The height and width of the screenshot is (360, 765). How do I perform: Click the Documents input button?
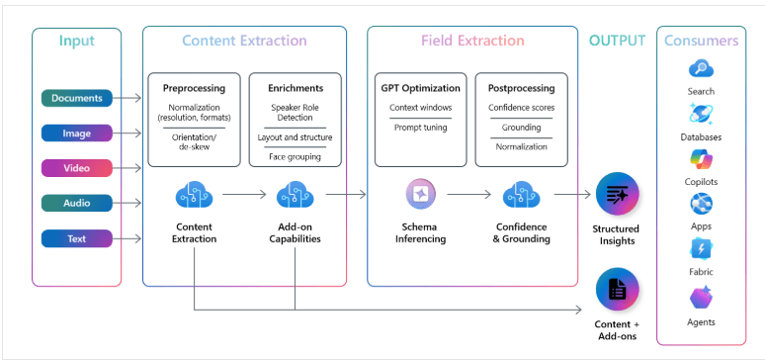click(x=76, y=98)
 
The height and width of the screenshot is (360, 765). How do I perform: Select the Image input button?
click(x=76, y=133)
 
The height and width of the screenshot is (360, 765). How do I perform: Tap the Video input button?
click(x=76, y=168)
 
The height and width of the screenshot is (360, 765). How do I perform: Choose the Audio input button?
click(x=76, y=203)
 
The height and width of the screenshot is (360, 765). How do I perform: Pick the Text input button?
click(x=76, y=238)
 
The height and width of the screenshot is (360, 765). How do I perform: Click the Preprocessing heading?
click(x=194, y=88)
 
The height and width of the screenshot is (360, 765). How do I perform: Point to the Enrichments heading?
click(x=295, y=88)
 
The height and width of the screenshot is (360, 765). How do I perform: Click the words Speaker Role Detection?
click(x=295, y=113)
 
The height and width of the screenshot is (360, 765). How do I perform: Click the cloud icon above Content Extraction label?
click(x=194, y=196)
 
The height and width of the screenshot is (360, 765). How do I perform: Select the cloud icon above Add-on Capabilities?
click(x=295, y=196)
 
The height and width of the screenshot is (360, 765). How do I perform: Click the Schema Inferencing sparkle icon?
click(x=419, y=196)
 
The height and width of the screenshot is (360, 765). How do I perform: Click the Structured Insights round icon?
click(x=617, y=195)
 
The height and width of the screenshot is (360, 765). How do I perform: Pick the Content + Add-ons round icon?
click(x=617, y=290)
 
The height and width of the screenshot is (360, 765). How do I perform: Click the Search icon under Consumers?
click(x=701, y=69)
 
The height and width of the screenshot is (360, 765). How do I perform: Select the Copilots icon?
click(x=701, y=159)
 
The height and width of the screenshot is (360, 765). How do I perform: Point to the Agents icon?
click(x=701, y=298)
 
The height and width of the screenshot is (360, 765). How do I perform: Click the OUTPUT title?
click(x=617, y=42)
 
